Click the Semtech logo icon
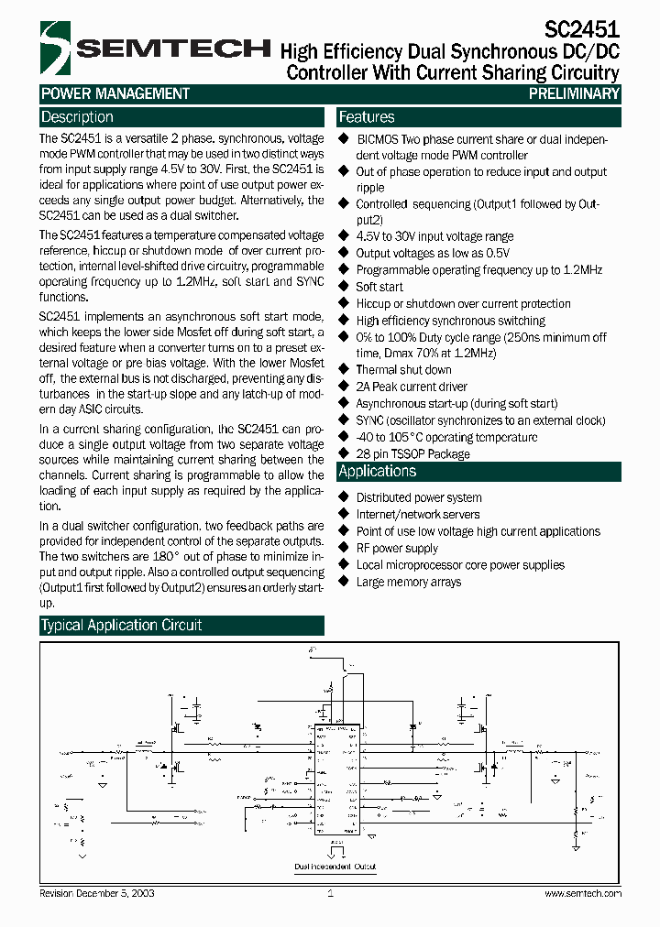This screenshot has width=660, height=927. [54, 48]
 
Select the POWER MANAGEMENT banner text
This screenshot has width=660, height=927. [115, 93]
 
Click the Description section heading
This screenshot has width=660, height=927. [78, 117]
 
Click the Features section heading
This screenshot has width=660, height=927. [367, 117]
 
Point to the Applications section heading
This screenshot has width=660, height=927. [378, 471]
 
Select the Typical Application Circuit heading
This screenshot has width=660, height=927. [121, 625]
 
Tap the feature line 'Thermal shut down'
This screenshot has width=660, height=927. [403, 370]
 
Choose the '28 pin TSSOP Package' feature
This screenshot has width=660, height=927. [412, 453]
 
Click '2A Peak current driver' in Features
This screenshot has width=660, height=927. [412, 387]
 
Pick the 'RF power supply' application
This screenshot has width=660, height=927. [397, 548]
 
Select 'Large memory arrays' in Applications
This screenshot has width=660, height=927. [409, 582]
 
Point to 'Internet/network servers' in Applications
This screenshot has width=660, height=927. [418, 514]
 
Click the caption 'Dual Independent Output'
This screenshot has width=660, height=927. [335, 866]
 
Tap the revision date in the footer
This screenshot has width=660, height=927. [91, 893]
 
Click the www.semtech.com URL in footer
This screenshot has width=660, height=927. [583, 893]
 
